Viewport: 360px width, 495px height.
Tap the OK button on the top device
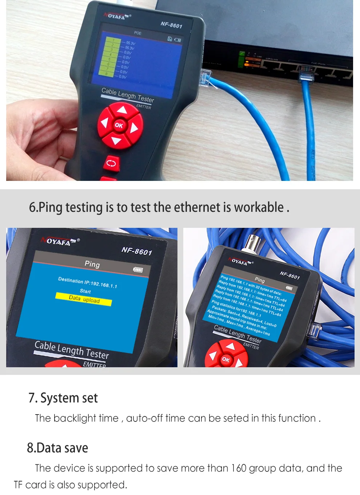point(119,125)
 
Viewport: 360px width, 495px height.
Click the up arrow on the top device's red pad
point(122,110)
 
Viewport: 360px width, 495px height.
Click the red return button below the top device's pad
point(111,163)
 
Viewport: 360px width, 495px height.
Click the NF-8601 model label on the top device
point(171,25)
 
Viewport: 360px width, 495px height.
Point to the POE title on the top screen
point(137,33)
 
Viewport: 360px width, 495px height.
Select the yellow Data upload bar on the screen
point(84,299)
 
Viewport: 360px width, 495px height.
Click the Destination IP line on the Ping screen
point(87,282)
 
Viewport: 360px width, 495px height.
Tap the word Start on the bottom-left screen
point(85,291)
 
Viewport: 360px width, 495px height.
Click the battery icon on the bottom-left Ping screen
point(138,270)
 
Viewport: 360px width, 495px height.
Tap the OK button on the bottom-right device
point(225,359)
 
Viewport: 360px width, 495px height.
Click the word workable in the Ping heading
point(259,207)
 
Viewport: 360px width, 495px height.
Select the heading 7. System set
point(63,398)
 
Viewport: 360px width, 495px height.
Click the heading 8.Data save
point(57,448)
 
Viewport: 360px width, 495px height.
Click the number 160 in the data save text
point(239,468)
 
